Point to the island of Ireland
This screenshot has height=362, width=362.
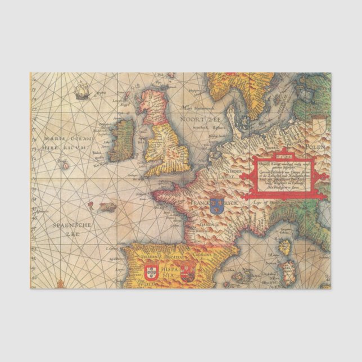point(121,139)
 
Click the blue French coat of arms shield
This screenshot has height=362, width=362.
point(216,205)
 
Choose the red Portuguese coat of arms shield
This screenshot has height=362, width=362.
point(150,274)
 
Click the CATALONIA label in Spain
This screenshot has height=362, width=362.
point(203,255)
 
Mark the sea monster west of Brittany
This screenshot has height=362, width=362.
point(107,207)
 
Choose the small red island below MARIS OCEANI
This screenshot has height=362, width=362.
point(65,165)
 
